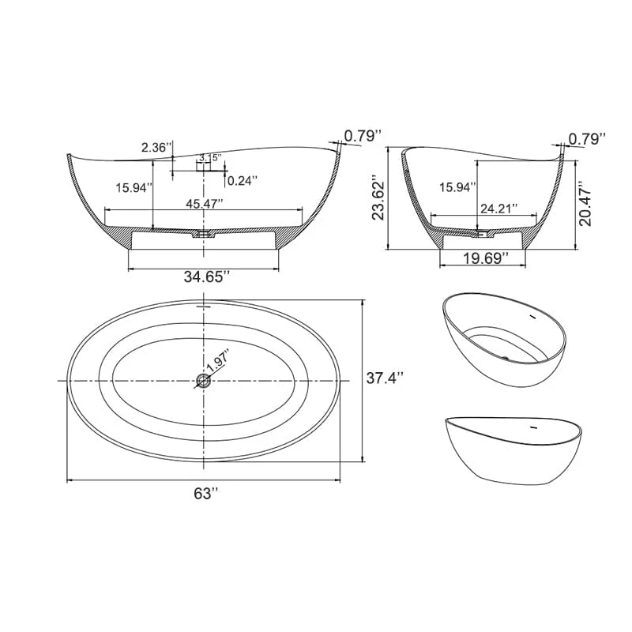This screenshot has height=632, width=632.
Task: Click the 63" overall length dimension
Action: [205, 494]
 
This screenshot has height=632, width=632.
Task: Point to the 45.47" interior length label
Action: [205, 203]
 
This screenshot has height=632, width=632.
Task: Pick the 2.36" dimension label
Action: [155, 147]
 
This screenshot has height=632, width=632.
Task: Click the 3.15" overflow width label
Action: [209, 158]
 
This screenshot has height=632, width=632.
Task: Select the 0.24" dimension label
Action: [242, 180]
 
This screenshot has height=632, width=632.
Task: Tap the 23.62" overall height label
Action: [380, 197]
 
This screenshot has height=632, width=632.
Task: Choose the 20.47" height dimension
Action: [585, 202]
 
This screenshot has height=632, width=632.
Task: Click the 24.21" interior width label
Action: [498, 209]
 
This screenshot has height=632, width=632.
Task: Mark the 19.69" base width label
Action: [482, 258]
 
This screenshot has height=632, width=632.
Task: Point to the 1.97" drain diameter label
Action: [216, 364]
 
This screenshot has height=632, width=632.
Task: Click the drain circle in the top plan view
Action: [204, 381]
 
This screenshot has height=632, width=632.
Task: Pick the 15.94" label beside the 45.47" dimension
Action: [134, 187]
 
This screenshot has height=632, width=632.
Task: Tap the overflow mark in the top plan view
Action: [204, 304]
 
